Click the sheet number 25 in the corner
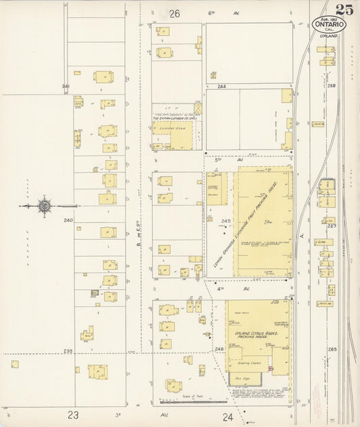click(348, 9)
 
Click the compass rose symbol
click(44, 205)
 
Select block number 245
click(226, 221)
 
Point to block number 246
click(219, 349)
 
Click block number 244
click(221, 87)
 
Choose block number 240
click(68, 220)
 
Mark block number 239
click(68, 351)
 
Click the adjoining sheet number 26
click(175, 14)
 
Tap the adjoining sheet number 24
click(228, 417)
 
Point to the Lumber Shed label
click(168, 126)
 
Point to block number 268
click(332, 86)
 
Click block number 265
click(332, 349)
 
